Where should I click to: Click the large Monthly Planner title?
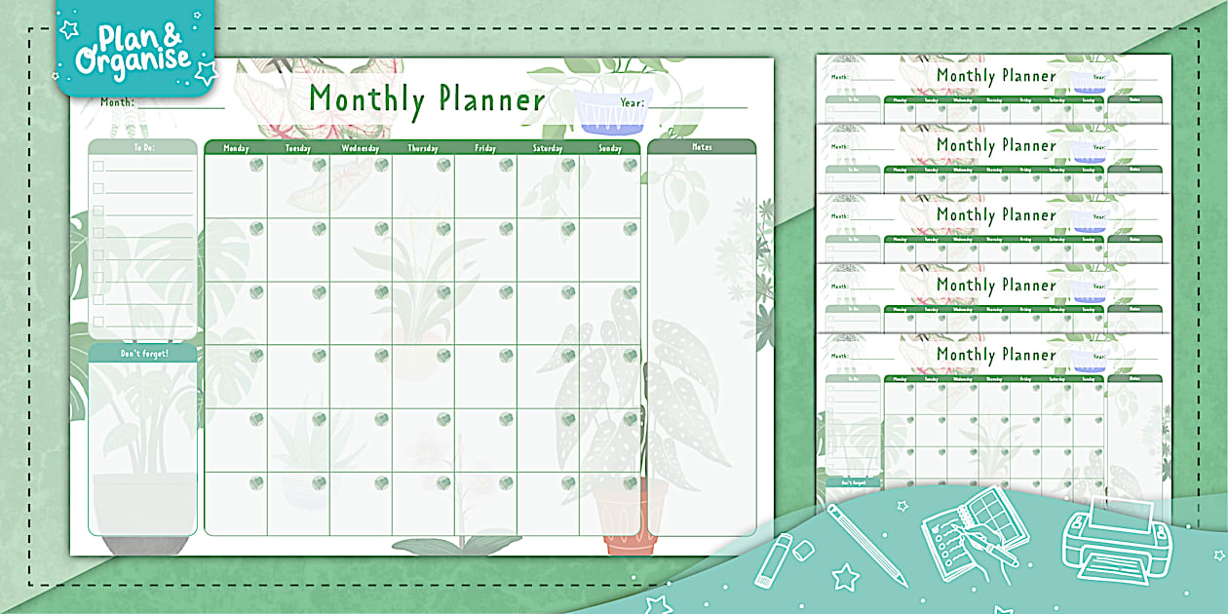point(427,99)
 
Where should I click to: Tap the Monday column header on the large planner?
point(236,148)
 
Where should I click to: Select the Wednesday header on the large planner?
point(361,148)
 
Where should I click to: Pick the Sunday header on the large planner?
point(610,148)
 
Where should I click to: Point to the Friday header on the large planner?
point(485,148)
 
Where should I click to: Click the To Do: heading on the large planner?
point(143,148)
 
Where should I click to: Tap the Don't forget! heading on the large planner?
point(143,353)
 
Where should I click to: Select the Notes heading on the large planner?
point(702,147)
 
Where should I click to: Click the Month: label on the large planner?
point(117,101)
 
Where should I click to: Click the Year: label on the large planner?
point(633,101)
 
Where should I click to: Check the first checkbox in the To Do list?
point(98,166)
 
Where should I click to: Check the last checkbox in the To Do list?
point(98,322)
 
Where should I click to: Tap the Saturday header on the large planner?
point(548,148)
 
